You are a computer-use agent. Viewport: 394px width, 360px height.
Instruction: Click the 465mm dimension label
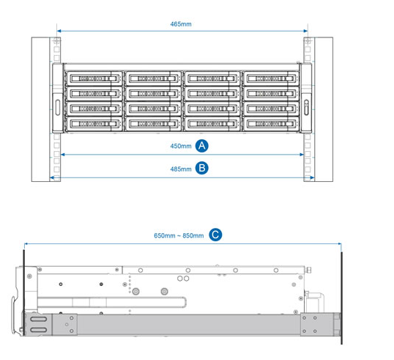coord(181,24)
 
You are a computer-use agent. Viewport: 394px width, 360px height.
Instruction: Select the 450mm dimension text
coord(181,146)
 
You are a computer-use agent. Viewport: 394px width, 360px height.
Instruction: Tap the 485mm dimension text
coord(181,169)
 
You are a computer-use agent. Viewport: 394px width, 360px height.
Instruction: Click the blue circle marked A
coord(202,146)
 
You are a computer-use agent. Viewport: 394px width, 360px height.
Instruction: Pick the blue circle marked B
coord(202,168)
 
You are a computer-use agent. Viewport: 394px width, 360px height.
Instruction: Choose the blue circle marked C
coord(215,235)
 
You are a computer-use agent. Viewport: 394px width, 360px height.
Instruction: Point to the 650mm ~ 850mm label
coord(179,236)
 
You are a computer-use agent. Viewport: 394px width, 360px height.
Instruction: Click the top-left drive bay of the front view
coord(94,78)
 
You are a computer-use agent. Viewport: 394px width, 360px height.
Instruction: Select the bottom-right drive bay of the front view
coord(271,124)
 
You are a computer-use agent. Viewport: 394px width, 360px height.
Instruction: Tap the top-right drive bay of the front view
coord(271,78)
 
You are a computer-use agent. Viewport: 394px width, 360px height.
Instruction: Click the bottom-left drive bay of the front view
coord(94,124)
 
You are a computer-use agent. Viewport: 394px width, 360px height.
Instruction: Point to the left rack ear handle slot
coord(58,108)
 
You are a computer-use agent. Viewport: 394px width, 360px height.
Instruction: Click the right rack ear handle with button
coord(306,108)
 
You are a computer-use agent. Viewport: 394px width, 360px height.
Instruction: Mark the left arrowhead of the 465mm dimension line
coord(59,31)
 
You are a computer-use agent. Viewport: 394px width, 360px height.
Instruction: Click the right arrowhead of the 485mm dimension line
coord(312,177)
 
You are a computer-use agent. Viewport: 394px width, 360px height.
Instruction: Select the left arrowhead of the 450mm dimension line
coord(63,155)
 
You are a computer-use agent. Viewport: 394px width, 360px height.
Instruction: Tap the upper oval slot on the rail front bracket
coord(38,319)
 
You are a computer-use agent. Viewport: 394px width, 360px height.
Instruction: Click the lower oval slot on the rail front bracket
coord(38,330)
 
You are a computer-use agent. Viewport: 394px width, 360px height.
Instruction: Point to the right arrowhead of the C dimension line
coord(340,243)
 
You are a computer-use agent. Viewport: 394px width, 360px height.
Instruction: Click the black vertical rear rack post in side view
coord(341,298)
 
